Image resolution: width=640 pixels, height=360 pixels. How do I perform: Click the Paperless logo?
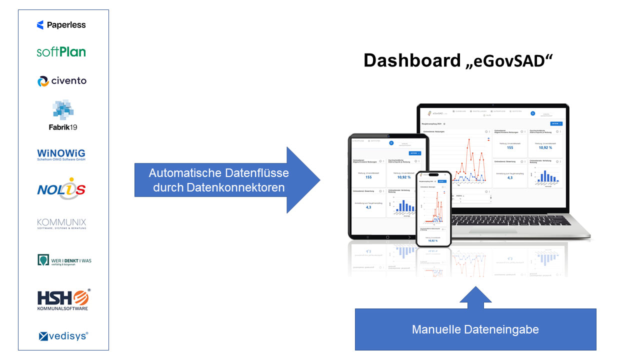point(61,25)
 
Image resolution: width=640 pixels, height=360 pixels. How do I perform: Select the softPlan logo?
point(61,52)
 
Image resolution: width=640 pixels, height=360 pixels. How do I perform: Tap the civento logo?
point(62,81)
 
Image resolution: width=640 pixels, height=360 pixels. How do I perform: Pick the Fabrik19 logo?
point(63,115)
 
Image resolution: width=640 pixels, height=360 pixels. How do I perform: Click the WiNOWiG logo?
point(61,155)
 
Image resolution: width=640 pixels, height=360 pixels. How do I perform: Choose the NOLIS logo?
point(61,189)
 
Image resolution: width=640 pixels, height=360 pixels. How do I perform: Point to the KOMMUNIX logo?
point(61,223)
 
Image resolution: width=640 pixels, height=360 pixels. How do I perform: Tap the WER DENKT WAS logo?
point(64,260)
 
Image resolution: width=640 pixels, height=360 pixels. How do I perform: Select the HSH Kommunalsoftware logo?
point(63,299)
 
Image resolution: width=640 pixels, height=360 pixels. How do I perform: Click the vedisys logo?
point(63,336)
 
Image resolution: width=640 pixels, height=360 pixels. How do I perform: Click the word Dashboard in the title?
point(411,60)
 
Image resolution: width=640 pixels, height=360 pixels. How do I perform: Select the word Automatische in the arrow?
point(182,173)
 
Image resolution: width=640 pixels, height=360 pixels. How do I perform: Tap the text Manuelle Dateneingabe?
point(475,329)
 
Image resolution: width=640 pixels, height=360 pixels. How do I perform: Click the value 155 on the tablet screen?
point(368,177)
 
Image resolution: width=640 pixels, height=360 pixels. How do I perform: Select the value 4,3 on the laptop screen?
point(509,177)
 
